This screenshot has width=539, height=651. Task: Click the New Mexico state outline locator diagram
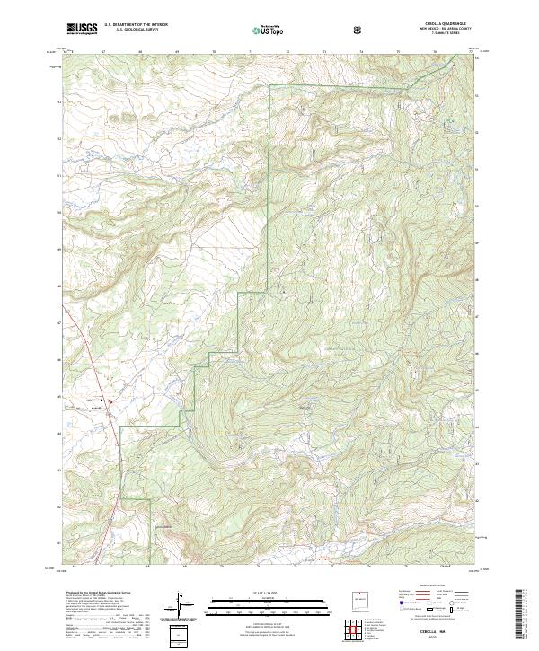(x=358, y=605)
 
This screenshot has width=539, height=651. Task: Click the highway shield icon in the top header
(x=358, y=31)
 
